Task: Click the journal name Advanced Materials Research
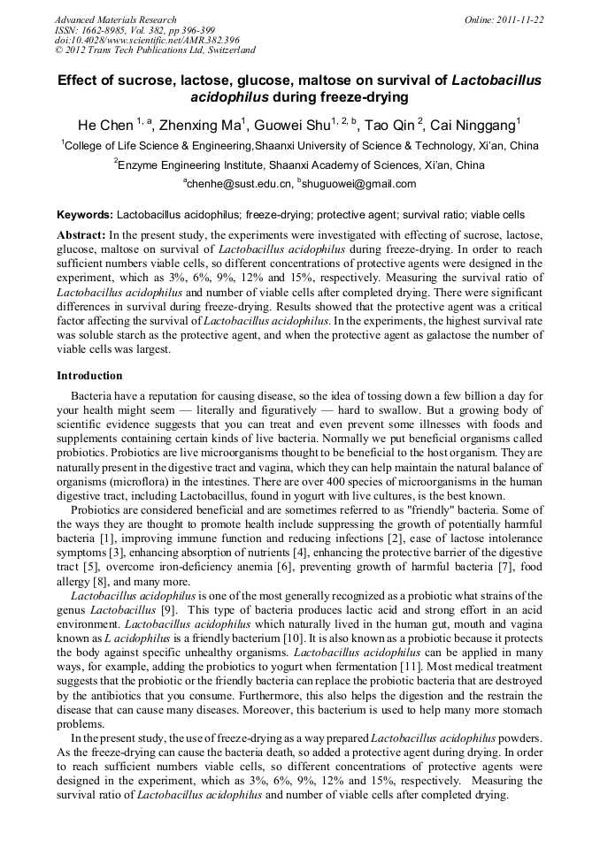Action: pyautogui.click(x=115, y=19)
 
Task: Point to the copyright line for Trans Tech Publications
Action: pyautogui.click(x=155, y=50)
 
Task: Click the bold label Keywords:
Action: pyautogui.click(x=84, y=215)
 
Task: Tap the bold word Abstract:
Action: pyautogui.click(x=81, y=234)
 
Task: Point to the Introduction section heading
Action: pyautogui.click(x=89, y=376)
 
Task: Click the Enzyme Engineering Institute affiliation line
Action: pyautogui.click(x=300, y=164)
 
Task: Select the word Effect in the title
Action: pyautogui.click(x=80, y=80)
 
